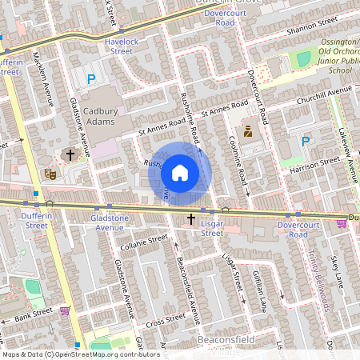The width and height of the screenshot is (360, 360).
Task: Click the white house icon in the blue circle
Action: pyautogui.click(x=180, y=172)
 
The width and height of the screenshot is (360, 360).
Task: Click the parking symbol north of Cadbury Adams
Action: pyautogui.click(x=91, y=79)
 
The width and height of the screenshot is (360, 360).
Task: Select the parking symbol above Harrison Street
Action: pyautogui.click(x=305, y=142)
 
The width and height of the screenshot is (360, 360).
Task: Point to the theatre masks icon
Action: pyautogui.click(x=50, y=172)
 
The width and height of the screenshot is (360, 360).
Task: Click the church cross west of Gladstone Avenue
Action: pyautogui.click(x=70, y=154)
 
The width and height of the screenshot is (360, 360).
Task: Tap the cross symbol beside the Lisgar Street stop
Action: pyautogui.click(x=191, y=218)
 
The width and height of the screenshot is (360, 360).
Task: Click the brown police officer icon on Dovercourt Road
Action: pyautogui.click(x=247, y=131)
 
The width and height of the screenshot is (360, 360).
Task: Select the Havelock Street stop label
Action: pyautogui.click(x=121, y=46)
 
